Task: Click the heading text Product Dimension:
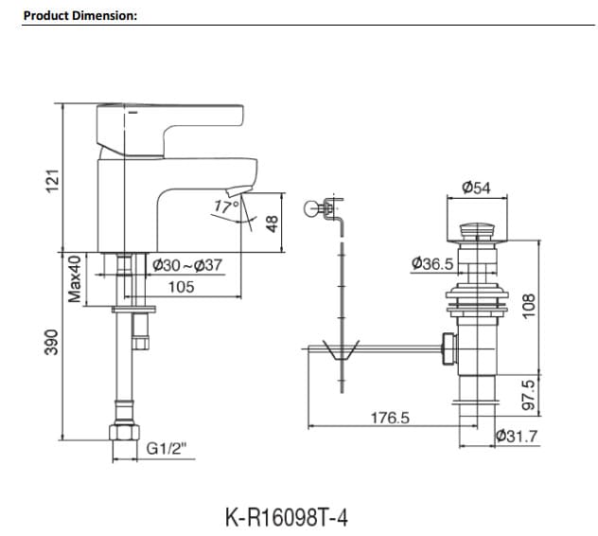coord(80,15)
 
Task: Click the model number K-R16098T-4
coord(288,517)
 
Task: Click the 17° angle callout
coord(226,205)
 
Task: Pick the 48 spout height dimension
coord(273,223)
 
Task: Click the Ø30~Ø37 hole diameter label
coord(186,265)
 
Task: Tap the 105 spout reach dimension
coord(181,286)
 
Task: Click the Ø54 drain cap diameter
coord(475,188)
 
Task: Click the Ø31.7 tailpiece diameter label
coord(517,436)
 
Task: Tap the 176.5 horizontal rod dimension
coord(388,417)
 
